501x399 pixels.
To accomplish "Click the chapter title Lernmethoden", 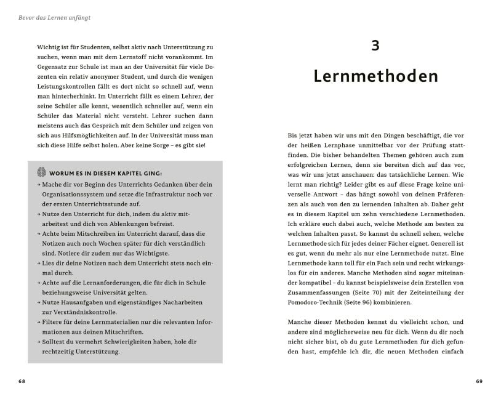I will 375,76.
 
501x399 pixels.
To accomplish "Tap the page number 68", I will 22,381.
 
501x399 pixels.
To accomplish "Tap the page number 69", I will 479,381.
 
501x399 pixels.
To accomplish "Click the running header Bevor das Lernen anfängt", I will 55,18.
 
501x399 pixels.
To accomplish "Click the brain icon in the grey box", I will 41,172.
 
